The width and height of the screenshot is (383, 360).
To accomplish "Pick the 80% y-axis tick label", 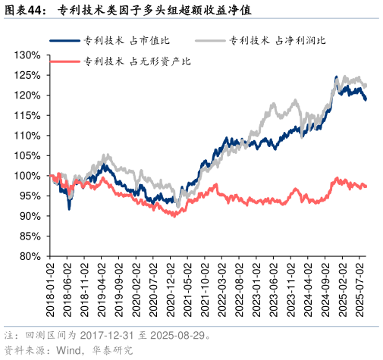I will [x=30, y=256].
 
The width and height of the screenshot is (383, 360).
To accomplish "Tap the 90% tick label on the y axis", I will [x=30, y=216].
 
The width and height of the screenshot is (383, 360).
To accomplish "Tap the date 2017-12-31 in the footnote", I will [x=100, y=334].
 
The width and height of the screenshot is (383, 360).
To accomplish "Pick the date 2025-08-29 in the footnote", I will [x=176, y=334].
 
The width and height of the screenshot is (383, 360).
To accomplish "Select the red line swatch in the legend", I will [x=66, y=61].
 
